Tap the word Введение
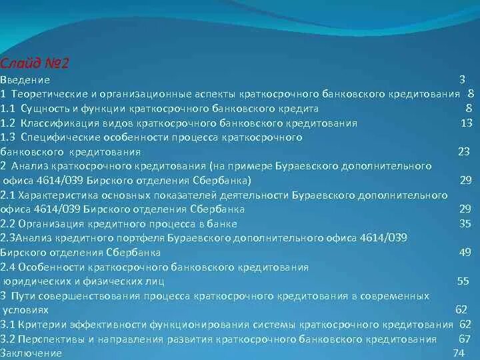(x=25, y=79)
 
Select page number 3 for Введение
(x=462, y=79)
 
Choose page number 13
(x=467, y=123)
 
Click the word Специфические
(x=57, y=137)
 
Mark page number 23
(x=465, y=151)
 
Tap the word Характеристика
(x=57, y=195)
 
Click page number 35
(x=465, y=224)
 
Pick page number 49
(x=465, y=253)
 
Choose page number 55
(x=463, y=281)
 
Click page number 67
(x=465, y=339)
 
